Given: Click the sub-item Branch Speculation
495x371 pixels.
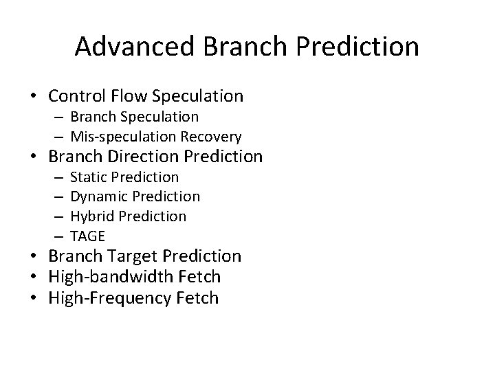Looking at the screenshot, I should click(134, 117).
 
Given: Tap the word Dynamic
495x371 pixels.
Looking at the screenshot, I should click(97, 196).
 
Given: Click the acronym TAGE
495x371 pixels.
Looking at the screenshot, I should click(87, 236).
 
